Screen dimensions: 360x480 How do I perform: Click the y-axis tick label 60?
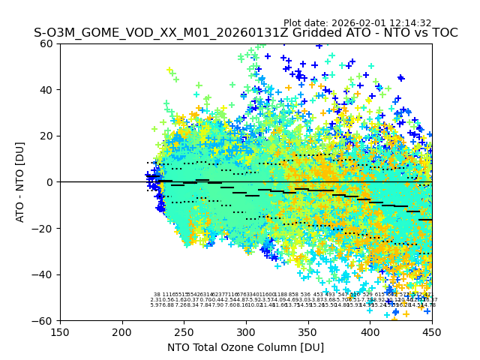point(47,43)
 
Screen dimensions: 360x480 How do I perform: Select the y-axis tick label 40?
point(47,90)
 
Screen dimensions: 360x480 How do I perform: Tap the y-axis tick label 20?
point(47,136)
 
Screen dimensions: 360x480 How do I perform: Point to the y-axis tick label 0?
point(50,182)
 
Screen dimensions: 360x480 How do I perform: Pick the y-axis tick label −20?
point(44,228)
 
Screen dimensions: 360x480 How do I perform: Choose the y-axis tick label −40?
point(44,274)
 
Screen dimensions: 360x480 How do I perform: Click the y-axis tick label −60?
point(44,320)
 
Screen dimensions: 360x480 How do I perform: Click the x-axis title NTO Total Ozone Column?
point(245,347)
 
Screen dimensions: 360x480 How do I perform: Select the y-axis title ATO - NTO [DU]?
point(21,182)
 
